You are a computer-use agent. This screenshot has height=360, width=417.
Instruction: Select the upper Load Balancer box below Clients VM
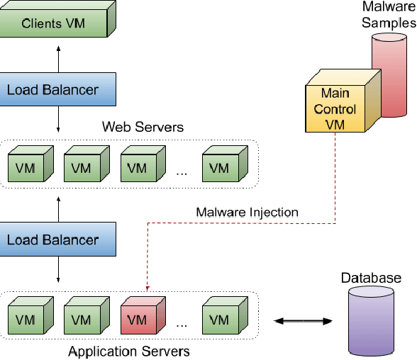click(52, 90)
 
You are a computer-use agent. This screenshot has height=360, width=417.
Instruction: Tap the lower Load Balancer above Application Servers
click(52, 240)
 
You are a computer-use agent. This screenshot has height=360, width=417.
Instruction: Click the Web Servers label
click(143, 128)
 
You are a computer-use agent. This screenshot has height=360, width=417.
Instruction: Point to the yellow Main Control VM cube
click(335, 108)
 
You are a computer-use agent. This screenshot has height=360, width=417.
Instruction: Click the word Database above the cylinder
click(371, 278)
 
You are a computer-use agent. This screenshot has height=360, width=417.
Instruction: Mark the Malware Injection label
click(248, 212)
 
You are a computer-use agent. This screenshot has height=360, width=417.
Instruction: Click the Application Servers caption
click(128, 351)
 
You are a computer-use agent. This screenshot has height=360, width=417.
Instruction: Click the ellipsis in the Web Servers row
click(181, 172)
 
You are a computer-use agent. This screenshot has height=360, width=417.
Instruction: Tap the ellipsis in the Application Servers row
click(181, 324)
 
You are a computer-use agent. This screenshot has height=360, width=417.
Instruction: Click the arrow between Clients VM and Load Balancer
click(58, 55)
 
